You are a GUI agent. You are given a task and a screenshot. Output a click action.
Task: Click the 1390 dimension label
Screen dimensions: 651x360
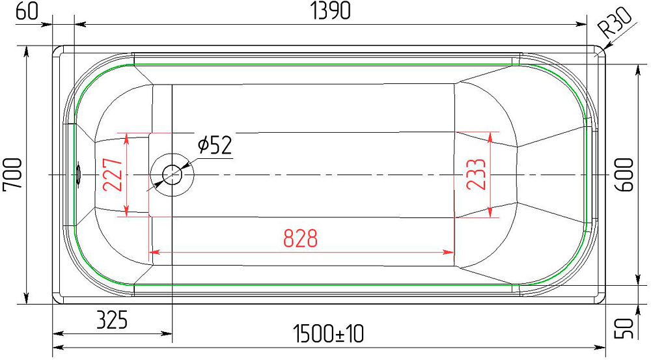click(331, 11)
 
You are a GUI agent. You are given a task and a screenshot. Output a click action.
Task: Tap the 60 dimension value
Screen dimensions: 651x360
click(27, 12)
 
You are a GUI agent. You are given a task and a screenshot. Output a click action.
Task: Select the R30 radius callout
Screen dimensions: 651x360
click(615, 23)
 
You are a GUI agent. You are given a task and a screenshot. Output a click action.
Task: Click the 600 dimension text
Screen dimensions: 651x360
click(624, 175)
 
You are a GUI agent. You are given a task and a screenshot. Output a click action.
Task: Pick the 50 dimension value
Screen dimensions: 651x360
click(624, 328)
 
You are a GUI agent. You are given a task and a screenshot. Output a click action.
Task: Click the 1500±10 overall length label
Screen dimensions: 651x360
click(328, 334)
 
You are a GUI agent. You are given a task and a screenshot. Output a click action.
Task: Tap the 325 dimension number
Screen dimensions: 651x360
click(112, 320)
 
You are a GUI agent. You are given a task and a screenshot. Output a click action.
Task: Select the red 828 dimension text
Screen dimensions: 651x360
click(300, 239)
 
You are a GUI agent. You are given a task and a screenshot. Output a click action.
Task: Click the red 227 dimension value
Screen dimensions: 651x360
click(113, 175)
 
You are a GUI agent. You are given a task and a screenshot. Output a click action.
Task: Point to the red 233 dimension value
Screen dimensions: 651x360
click(477, 174)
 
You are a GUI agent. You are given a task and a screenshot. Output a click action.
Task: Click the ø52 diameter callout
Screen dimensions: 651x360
click(215, 145)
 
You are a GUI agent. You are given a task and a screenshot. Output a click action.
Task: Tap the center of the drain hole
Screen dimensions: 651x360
click(171, 175)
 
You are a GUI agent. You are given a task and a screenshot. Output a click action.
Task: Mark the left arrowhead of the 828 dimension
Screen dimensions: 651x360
click(154, 252)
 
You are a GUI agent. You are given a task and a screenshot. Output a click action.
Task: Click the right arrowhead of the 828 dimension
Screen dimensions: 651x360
click(449, 252)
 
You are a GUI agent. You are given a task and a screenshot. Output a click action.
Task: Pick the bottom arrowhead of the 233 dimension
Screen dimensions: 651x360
click(491, 212)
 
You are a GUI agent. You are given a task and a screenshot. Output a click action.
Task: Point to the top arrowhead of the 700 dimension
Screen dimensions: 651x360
click(27, 52)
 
